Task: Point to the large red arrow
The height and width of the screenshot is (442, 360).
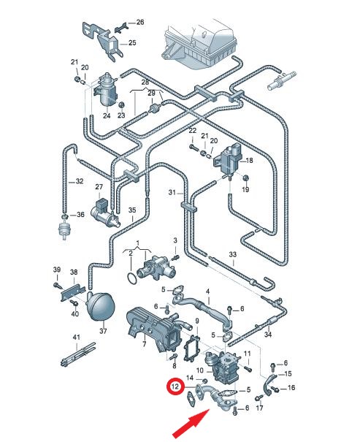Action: [x=191, y=423]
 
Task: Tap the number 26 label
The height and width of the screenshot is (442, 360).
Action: [x=140, y=22]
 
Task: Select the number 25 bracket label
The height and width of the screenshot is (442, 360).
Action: [x=132, y=43]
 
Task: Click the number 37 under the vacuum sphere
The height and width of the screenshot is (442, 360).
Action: [x=104, y=331]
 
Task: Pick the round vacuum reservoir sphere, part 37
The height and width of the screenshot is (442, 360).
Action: [x=99, y=306]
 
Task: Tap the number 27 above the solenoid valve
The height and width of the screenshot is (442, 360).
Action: [x=99, y=187]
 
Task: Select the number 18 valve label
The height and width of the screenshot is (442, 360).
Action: [x=249, y=161]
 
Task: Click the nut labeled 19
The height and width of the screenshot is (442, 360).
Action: [x=245, y=178]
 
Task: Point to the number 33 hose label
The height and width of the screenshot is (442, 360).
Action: [x=233, y=254]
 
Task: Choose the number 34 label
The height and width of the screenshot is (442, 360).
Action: [x=268, y=335]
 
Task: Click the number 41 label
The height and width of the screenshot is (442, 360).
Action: [x=77, y=337]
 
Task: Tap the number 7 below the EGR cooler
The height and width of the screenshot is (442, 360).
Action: [x=145, y=344]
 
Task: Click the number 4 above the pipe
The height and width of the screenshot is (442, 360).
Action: [x=207, y=292]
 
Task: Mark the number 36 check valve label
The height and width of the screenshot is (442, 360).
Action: [x=80, y=215]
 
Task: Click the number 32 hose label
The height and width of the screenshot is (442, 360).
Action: [x=80, y=181]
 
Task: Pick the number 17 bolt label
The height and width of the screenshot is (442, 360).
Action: [x=259, y=408]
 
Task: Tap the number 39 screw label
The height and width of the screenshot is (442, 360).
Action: [x=57, y=270]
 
